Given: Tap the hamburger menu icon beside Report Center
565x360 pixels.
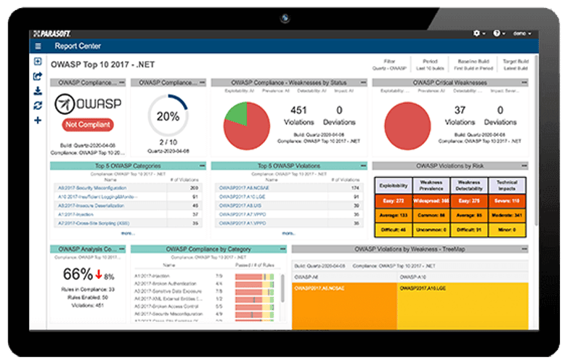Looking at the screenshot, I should (x=38, y=46).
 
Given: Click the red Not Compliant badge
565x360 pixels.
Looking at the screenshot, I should (x=88, y=125).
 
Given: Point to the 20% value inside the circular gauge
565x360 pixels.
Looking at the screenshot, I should (x=168, y=117).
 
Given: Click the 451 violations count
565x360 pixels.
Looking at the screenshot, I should (x=297, y=111).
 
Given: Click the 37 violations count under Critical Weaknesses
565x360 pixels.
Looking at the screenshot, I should (x=459, y=111).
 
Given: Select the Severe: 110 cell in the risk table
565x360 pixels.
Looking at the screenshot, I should (x=506, y=200).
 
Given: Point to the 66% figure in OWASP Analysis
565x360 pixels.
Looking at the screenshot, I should (x=78, y=274).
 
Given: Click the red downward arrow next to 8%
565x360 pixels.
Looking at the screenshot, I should (x=99, y=275).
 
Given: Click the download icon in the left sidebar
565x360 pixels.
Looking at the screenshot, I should (x=38, y=91).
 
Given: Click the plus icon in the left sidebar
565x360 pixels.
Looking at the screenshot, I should (x=38, y=120).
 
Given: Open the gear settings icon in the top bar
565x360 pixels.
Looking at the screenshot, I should (x=477, y=33).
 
